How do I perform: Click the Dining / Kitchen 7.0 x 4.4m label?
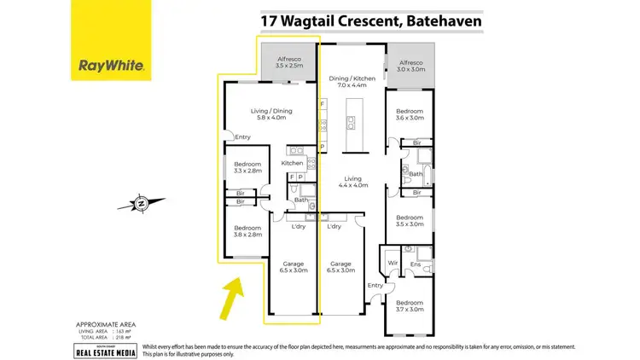point(352,81)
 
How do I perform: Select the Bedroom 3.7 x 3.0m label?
point(410,306)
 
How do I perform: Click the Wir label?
point(393,264)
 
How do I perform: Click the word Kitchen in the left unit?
point(293,162)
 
